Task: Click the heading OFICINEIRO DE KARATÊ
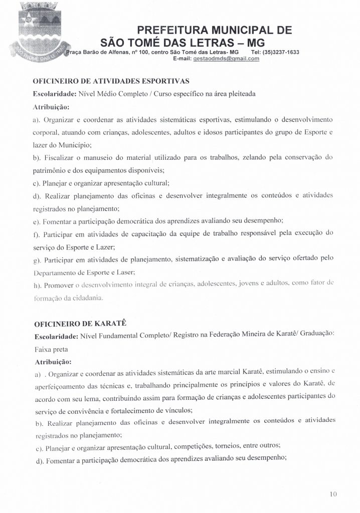click(x=76, y=324)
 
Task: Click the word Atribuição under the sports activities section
click(x=51, y=107)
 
